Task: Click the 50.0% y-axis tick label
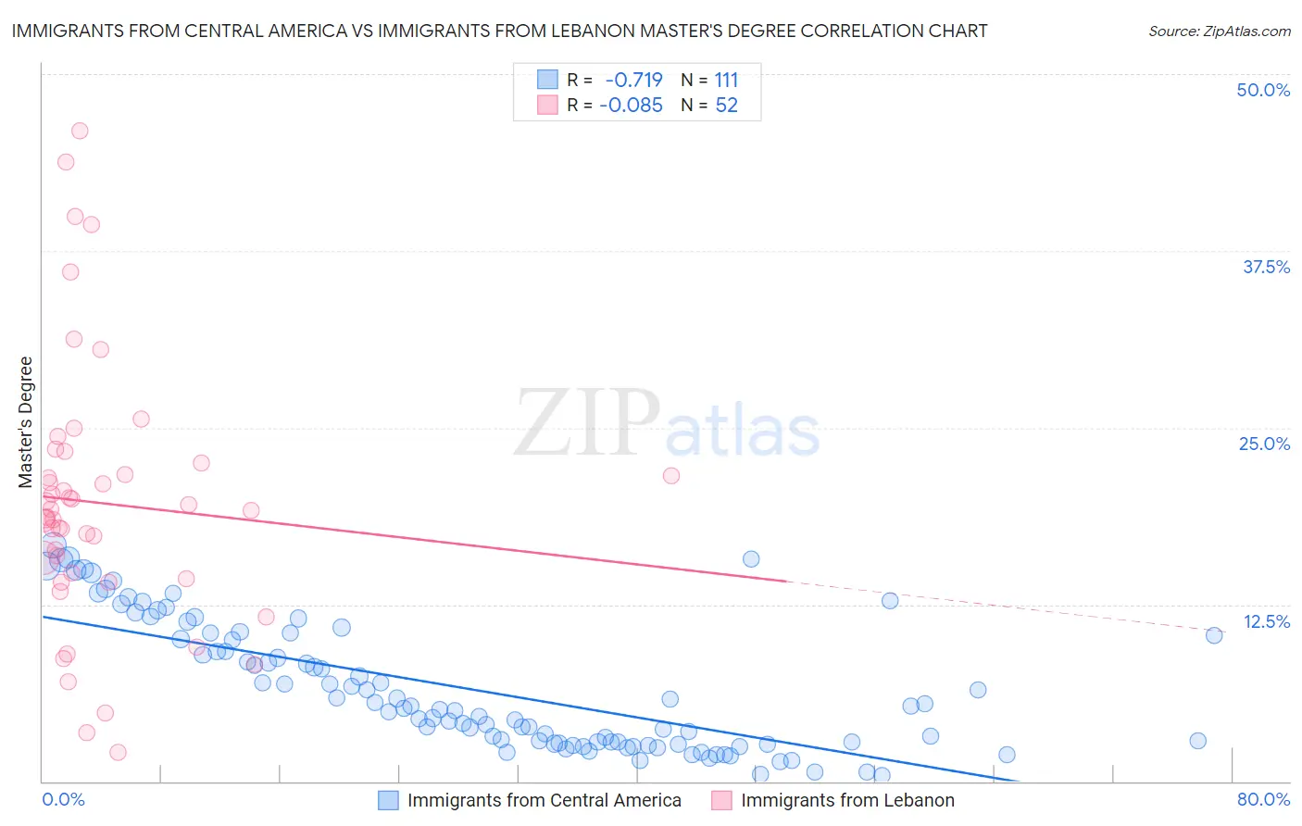pyautogui.click(x=1263, y=90)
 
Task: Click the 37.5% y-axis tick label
pyautogui.click(x=1266, y=267)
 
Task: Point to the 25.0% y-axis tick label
pyautogui.click(x=1264, y=444)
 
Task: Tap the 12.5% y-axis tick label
pyautogui.click(x=1266, y=621)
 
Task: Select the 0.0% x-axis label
pyautogui.click(x=63, y=799)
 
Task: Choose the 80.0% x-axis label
pyautogui.click(x=1263, y=799)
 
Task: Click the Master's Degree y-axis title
pyautogui.click(x=26, y=422)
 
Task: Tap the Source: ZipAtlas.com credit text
pyautogui.click(x=1219, y=31)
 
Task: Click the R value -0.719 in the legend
pyautogui.click(x=633, y=80)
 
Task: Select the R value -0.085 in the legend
pyautogui.click(x=631, y=106)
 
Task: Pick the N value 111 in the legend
pyautogui.click(x=726, y=80)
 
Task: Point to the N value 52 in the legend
pyautogui.click(x=726, y=106)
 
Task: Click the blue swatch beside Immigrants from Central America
pyautogui.click(x=388, y=800)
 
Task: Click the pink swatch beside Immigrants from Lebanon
pyautogui.click(x=721, y=800)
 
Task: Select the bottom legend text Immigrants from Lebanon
pyautogui.click(x=847, y=800)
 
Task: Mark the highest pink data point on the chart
pyautogui.click(x=80, y=131)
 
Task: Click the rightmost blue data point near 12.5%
pyautogui.click(x=1214, y=635)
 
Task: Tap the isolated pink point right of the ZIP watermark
pyautogui.click(x=671, y=476)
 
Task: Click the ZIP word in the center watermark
pyautogui.click(x=587, y=423)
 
